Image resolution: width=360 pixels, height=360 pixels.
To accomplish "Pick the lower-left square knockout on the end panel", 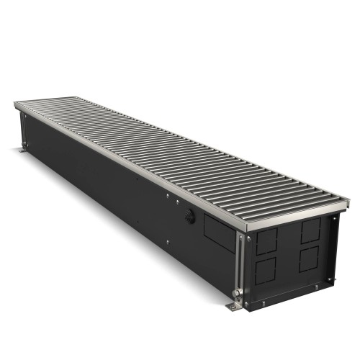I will (265, 272).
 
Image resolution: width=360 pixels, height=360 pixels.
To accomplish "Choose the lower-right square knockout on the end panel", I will (311, 259).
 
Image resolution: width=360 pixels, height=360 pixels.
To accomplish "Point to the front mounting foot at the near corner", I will (235, 307).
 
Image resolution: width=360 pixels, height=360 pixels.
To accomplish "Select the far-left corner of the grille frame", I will (14, 106).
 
